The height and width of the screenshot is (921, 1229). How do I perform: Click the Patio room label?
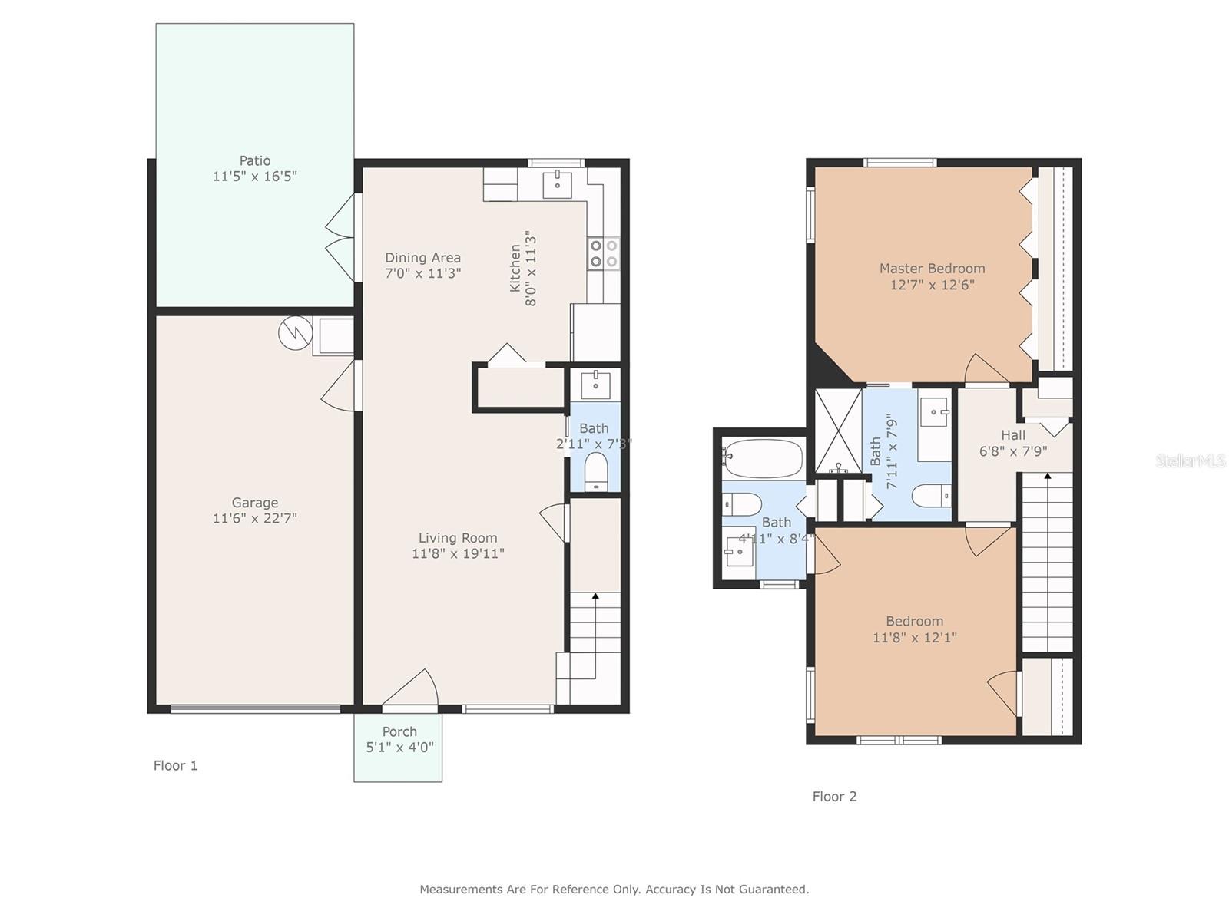pyautogui.click(x=255, y=161)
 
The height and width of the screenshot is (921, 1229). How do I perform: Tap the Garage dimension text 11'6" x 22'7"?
pyautogui.click(x=255, y=518)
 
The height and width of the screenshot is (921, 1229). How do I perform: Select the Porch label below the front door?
pyautogui.click(x=399, y=732)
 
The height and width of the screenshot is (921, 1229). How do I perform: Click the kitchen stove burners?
pyautogui.click(x=604, y=253)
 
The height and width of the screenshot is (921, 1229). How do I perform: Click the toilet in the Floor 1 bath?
pyautogui.click(x=595, y=470)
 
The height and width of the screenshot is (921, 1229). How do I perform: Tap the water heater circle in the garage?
pyautogui.click(x=295, y=333)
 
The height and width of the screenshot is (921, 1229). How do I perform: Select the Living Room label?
pyautogui.click(x=458, y=538)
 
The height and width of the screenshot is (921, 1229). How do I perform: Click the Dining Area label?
pyautogui.click(x=422, y=258)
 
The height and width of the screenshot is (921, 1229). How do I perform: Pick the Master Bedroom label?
pyautogui.click(x=933, y=269)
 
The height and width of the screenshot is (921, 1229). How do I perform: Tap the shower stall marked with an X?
pyautogui.click(x=838, y=431)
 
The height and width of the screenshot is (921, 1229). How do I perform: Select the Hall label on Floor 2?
pyautogui.click(x=1013, y=435)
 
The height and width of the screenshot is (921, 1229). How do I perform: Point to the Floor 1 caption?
pyautogui.click(x=175, y=765)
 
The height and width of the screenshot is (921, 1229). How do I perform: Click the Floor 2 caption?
pyautogui.click(x=834, y=797)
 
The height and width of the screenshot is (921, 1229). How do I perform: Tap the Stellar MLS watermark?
pyautogui.click(x=1191, y=460)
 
